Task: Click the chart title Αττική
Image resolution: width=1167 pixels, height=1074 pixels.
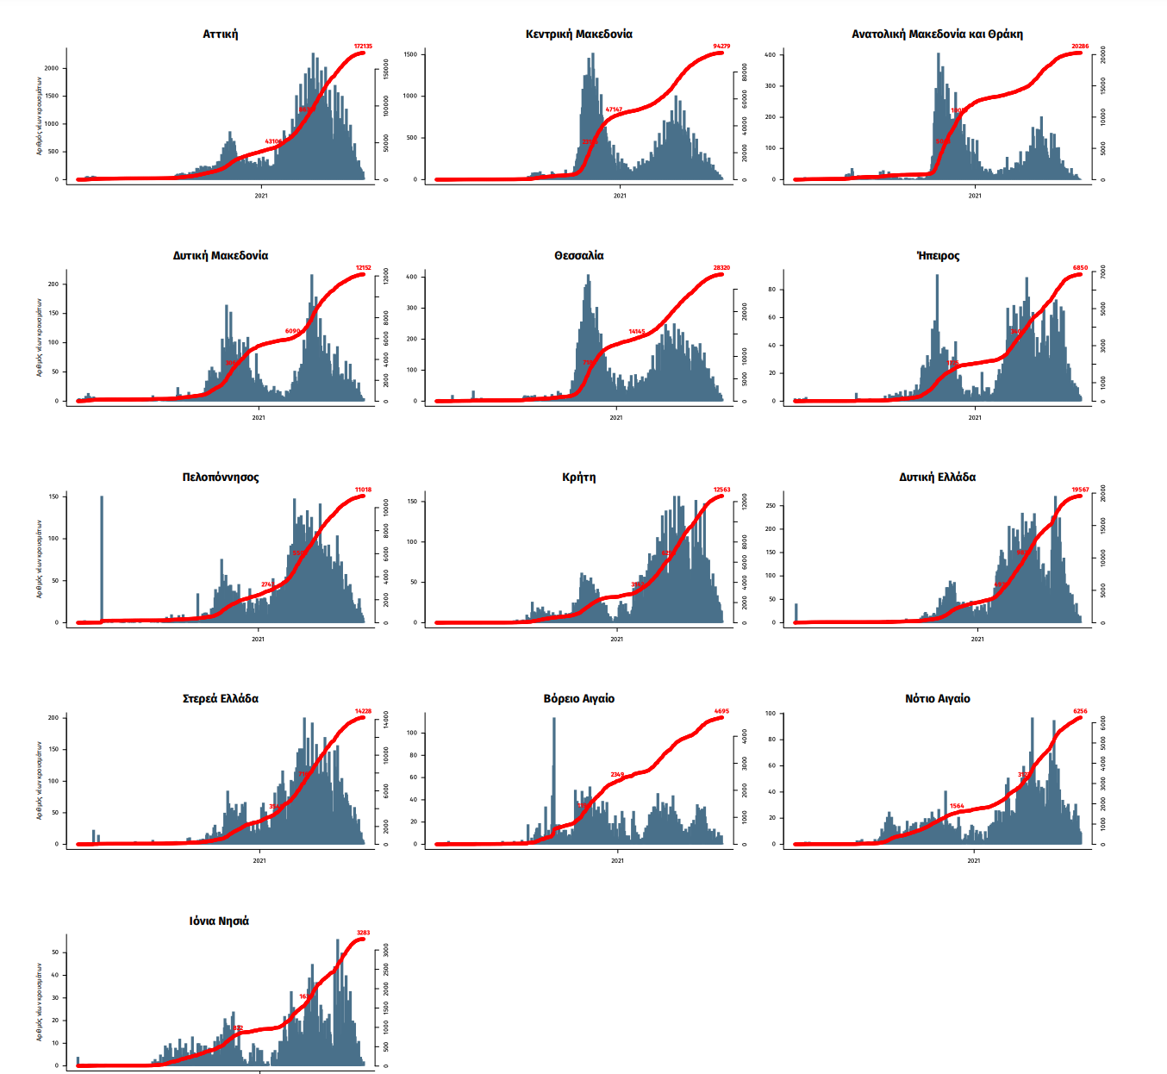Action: tap(221, 34)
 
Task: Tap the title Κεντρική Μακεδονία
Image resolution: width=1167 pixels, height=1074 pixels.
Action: tap(579, 34)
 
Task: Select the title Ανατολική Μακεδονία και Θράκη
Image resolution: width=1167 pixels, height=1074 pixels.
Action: tap(937, 34)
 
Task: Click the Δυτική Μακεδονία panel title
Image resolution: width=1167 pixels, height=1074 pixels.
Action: tap(221, 256)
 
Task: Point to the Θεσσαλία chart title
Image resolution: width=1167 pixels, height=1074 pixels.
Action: tap(579, 256)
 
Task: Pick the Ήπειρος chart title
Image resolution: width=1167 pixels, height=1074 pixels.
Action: tap(938, 256)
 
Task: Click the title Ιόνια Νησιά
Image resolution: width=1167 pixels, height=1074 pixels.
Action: tap(219, 921)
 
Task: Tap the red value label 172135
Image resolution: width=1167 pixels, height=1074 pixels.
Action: tap(363, 47)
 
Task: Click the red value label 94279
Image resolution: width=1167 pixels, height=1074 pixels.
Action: tap(721, 47)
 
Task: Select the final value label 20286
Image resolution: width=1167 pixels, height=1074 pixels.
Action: tap(1080, 47)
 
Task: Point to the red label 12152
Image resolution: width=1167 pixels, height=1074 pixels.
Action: tap(364, 268)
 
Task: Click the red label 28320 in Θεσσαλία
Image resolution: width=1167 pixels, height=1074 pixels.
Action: tap(721, 268)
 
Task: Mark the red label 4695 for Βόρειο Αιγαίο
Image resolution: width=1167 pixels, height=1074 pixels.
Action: tap(721, 712)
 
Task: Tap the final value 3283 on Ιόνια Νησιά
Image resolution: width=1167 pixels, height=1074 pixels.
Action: tap(364, 933)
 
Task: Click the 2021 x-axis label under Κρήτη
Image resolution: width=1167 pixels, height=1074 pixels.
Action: tap(616, 639)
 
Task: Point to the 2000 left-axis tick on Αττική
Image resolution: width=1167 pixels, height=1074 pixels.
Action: tap(52, 68)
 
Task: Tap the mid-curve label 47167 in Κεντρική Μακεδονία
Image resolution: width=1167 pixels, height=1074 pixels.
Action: tap(614, 109)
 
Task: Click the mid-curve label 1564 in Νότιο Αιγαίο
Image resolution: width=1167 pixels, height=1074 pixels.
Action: tap(957, 807)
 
